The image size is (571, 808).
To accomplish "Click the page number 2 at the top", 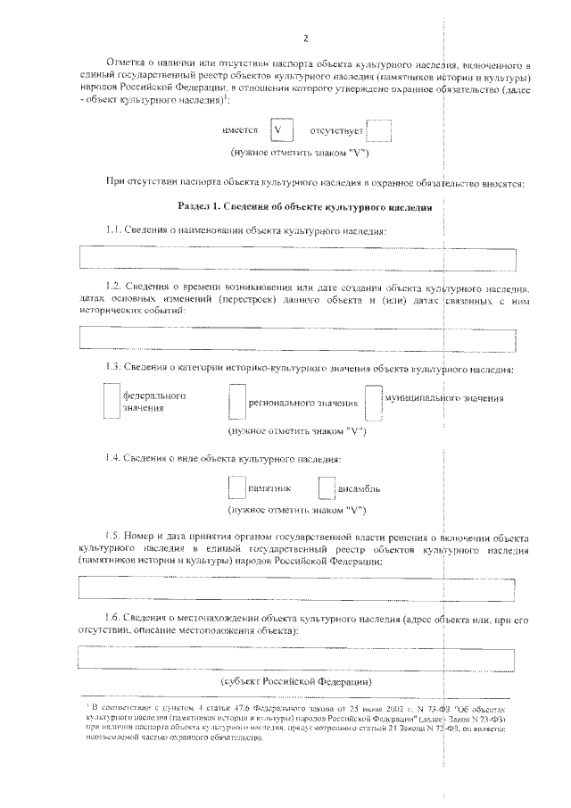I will tap(305, 38).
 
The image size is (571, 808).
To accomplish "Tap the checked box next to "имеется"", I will tap(281, 130).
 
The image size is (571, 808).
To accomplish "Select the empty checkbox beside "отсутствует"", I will tap(379, 130).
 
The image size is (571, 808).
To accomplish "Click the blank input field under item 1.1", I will tap(297, 258).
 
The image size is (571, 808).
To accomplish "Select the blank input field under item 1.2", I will tap(297, 337).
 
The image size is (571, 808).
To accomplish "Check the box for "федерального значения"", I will tap(110, 401).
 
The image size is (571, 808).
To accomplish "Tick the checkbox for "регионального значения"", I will tap(236, 403).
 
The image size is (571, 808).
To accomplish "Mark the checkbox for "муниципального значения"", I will tap(373, 402).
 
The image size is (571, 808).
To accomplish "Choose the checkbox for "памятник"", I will tap(236, 488).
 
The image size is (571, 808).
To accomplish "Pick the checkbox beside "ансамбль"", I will tap(327, 488).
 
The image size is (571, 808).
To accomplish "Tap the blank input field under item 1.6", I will tap(297, 659).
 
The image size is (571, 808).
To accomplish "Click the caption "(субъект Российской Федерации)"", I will tap(296, 681).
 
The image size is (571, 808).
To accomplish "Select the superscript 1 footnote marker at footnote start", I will tap(78, 704).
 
